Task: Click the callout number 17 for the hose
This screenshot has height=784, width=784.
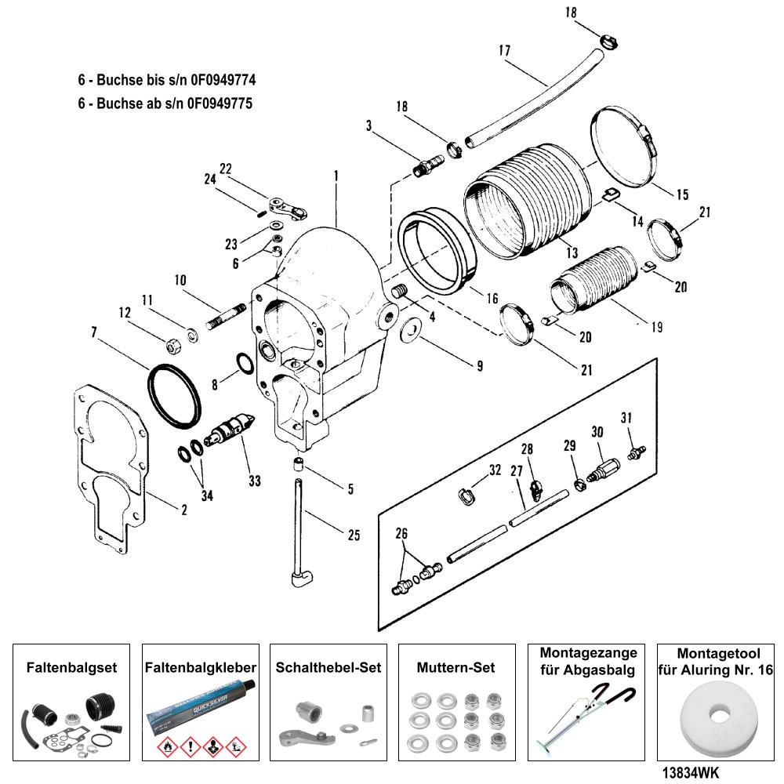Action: pos(503,51)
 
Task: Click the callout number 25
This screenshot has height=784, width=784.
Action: pos(354,535)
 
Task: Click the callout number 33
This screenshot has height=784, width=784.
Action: pos(254,481)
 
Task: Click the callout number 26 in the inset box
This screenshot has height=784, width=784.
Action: pos(402,534)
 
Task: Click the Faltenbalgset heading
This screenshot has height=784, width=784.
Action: pos(71,668)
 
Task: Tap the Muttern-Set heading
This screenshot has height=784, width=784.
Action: pos(456,668)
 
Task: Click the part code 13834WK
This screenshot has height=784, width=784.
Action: pos(683,772)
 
